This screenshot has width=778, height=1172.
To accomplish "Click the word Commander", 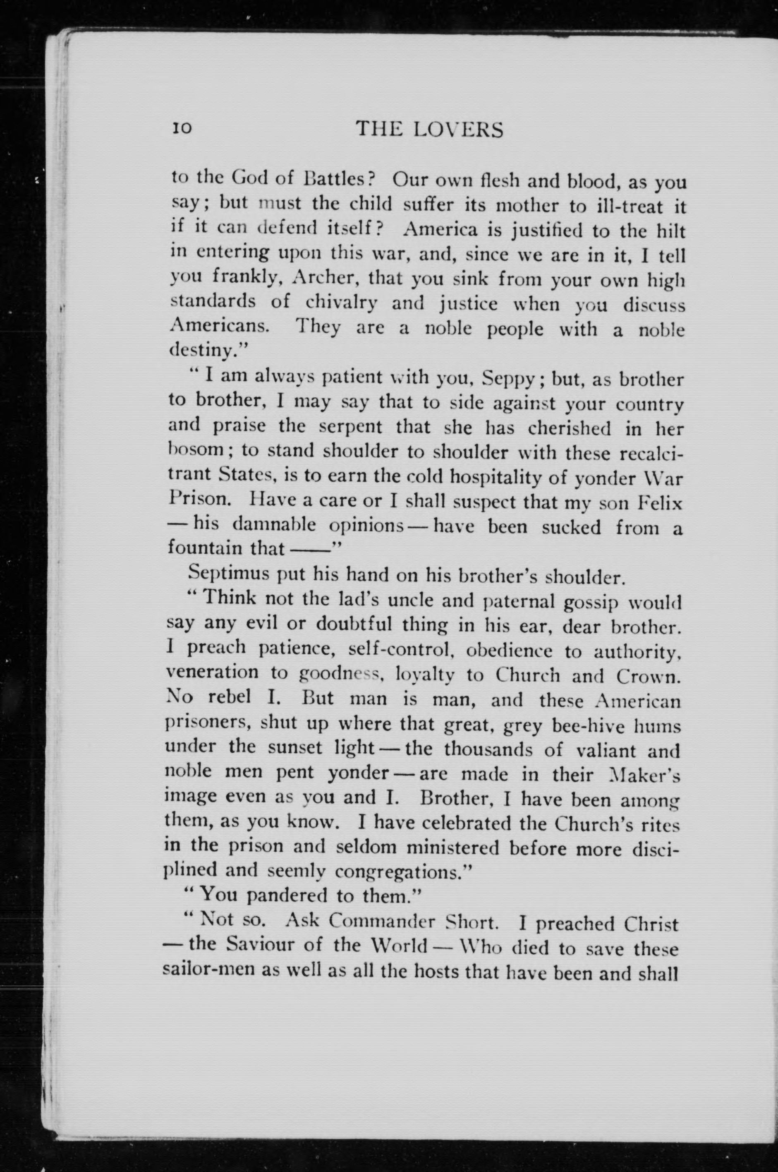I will coord(382,921).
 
